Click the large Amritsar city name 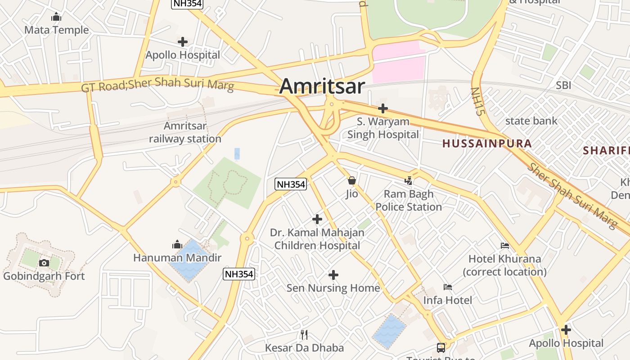click(x=322, y=86)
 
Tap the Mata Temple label click(x=56, y=30)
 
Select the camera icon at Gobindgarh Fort click(x=44, y=263)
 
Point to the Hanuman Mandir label click(x=177, y=258)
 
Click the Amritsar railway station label click(x=185, y=132)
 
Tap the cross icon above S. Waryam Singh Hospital click(x=383, y=108)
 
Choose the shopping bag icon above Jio click(x=352, y=181)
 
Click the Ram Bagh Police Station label click(x=409, y=200)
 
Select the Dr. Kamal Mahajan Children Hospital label click(x=317, y=239)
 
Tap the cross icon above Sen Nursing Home click(x=333, y=275)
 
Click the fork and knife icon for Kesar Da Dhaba click(x=304, y=334)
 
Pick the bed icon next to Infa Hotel click(x=448, y=287)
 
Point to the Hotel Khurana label click(x=504, y=265)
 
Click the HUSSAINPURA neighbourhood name click(x=487, y=144)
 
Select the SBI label click(x=563, y=85)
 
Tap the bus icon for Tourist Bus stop click(x=441, y=348)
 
